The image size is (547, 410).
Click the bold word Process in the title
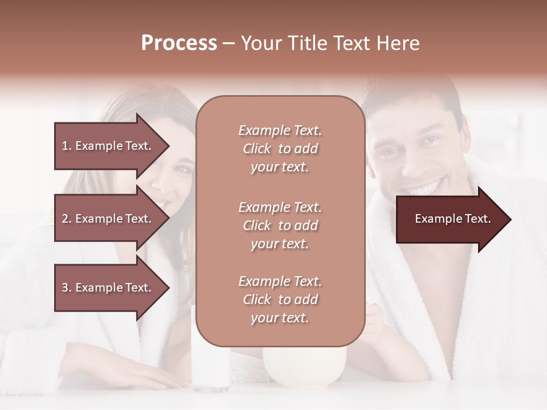click(179, 43)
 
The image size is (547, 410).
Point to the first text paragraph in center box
click(280, 149)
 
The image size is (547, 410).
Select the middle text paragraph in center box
click(280, 225)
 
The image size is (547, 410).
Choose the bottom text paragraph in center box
click(280, 300)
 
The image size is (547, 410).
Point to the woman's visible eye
click(183, 169)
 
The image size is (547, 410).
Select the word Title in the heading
click(308, 43)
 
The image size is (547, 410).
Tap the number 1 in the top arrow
click(64, 146)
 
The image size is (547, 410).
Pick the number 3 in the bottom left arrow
click(64, 288)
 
